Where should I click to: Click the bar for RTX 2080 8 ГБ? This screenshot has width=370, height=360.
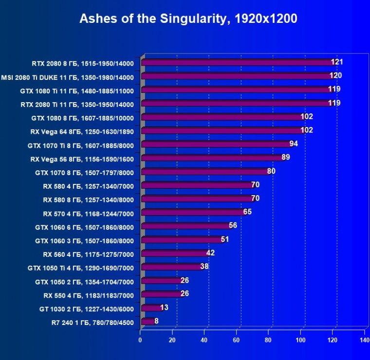pos(239,62)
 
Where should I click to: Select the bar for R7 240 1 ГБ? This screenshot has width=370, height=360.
pos(148,321)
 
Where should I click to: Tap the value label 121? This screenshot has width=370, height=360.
pos(337,62)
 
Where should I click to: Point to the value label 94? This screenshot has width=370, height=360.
pos(294,144)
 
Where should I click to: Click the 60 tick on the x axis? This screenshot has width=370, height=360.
pos(236,340)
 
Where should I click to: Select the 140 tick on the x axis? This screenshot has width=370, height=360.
pos(364,340)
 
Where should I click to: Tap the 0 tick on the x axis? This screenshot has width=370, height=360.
pos(140,340)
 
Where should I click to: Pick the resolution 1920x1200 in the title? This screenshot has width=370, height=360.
pos(266,18)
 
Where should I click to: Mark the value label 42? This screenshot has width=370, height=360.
pos(210,253)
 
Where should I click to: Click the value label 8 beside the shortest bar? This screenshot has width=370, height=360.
pos(156,321)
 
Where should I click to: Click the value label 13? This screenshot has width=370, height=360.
pos(164,307)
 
